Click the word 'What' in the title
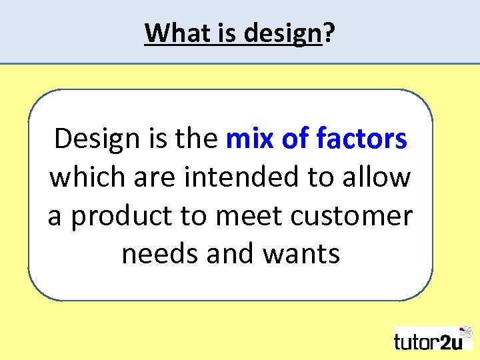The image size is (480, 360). tap(170, 32)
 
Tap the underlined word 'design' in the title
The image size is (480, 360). tap(283, 33)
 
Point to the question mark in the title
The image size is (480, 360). tap(329, 32)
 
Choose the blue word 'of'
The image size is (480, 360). tap(294, 139)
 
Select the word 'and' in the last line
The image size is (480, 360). tap(227, 253)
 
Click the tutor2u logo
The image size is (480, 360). tap(432, 339)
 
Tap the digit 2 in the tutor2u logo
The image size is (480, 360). tap(446, 341)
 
